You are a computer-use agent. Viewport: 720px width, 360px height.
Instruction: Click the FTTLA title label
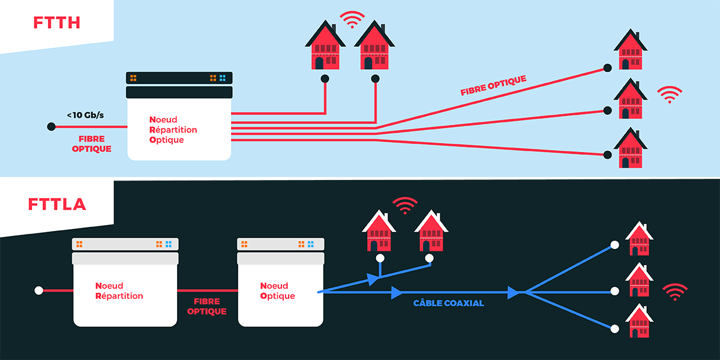(x=57, y=204)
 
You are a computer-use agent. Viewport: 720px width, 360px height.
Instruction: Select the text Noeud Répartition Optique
(x=173, y=130)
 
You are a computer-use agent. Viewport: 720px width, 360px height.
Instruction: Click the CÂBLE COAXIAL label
(x=449, y=303)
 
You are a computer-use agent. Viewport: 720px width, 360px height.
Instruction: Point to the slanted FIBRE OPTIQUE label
(x=493, y=85)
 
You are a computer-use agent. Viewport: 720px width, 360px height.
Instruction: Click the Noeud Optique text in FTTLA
(x=277, y=291)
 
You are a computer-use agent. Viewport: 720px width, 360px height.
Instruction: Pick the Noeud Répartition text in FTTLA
(x=119, y=291)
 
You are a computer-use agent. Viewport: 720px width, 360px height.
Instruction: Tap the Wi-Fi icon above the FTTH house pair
(x=352, y=19)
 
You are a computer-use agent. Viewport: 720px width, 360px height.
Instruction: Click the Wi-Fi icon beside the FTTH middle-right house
(x=670, y=94)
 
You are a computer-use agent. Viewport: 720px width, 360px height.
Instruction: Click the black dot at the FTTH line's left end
(x=52, y=127)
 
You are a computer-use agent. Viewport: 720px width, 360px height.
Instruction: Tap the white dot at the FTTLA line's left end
(x=39, y=290)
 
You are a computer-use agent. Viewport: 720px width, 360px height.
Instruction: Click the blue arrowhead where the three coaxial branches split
(x=514, y=293)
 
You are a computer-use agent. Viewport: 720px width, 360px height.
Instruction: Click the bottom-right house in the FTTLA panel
(x=639, y=322)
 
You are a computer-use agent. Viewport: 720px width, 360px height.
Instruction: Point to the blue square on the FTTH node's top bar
(x=223, y=78)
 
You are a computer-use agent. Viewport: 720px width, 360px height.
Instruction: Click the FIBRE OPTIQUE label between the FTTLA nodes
(x=206, y=307)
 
